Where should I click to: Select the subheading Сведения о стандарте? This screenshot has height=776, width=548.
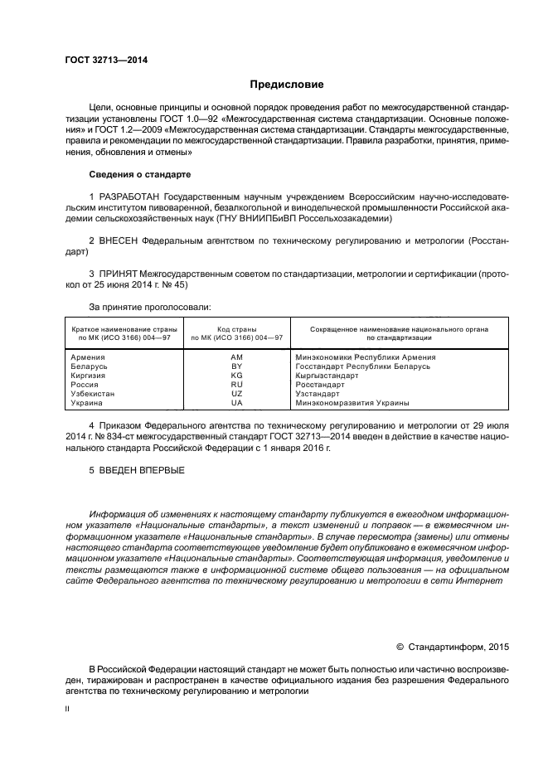[x=139, y=175]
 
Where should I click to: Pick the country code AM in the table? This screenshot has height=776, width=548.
[x=236, y=357]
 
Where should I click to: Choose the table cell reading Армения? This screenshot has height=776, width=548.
[x=89, y=357]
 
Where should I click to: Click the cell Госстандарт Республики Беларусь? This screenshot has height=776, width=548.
[x=363, y=366]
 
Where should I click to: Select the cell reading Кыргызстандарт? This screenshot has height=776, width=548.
[x=327, y=376]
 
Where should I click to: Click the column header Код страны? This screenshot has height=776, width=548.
[x=236, y=329]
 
